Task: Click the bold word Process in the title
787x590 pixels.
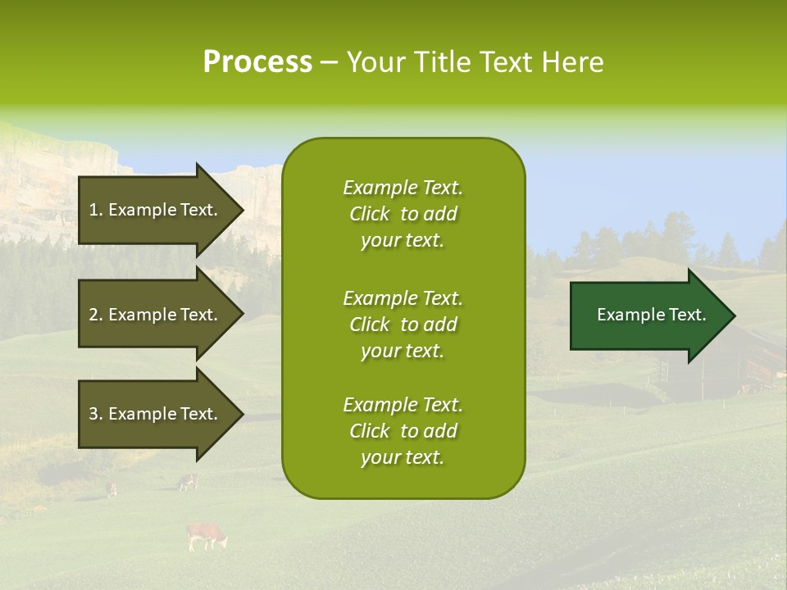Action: click(x=257, y=62)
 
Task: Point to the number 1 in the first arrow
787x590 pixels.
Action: click(x=93, y=210)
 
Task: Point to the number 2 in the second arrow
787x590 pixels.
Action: click(x=93, y=315)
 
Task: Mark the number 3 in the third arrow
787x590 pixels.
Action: click(x=93, y=414)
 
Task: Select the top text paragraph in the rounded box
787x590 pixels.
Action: click(x=403, y=214)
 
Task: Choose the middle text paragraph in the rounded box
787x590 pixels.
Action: click(x=403, y=324)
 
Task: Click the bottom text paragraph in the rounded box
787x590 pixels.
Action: click(x=403, y=431)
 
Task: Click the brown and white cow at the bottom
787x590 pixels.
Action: click(x=206, y=536)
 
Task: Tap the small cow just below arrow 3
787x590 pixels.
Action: click(x=189, y=482)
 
